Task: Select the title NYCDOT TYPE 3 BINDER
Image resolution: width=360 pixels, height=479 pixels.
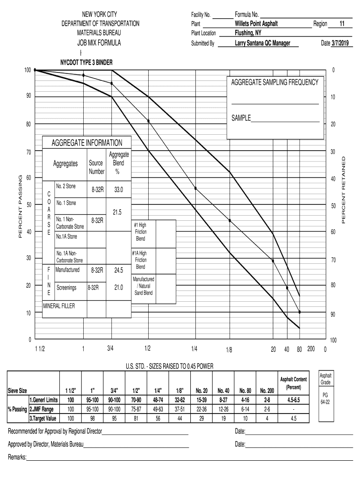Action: pos(86,62)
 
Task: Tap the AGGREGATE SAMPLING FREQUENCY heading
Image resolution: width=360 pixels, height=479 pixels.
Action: pos(274,82)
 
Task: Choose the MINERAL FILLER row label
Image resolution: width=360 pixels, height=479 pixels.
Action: pos(59,306)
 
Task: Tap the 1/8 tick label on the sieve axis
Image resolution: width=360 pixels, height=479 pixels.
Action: pos(229,349)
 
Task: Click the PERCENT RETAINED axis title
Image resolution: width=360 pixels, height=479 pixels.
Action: pos(344,190)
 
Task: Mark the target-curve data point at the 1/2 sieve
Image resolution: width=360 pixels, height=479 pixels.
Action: pos(149,121)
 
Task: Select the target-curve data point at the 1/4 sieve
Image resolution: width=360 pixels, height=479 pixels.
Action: pos(195,188)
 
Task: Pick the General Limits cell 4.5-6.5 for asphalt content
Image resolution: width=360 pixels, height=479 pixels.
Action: pos(293,400)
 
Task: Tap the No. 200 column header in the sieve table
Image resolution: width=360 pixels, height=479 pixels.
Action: pos(267,390)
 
